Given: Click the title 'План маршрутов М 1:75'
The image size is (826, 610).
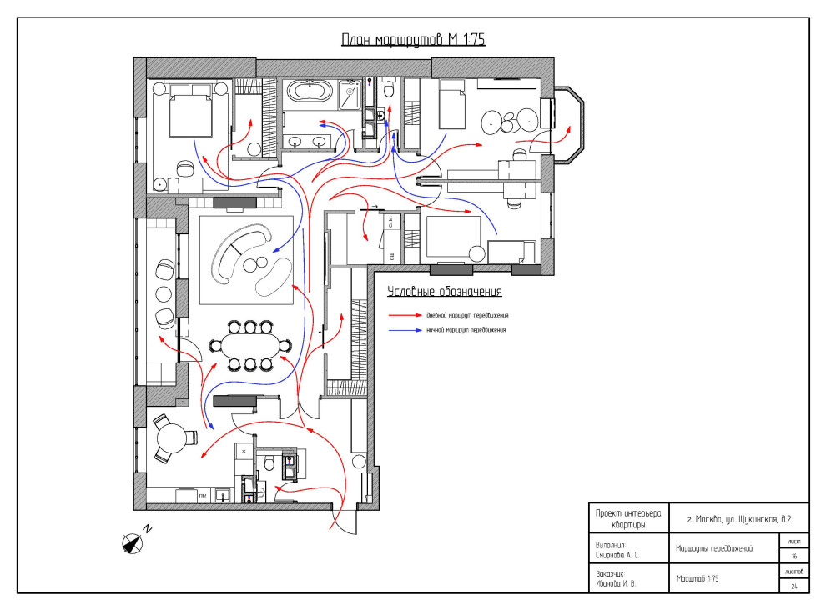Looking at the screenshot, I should click(x=413, y=40).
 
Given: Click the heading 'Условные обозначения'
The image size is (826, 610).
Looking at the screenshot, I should click(x=445, y=292).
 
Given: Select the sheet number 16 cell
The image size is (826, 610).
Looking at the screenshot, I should click(x=793, y=555).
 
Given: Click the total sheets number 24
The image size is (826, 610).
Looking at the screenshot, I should click(x=793, y=585).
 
